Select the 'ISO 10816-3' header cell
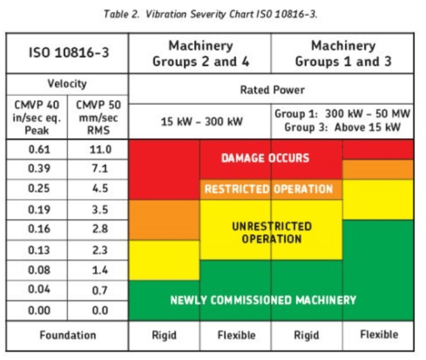pyautogui.click(x=67, y=53)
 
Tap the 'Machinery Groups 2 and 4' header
pyautogui.click(x=201, y=53)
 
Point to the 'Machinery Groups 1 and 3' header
pyautogui.click(x=343, y=53)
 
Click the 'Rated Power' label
pyautogui.click(x=272, y=90)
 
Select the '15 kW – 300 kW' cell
pyautogui.click(x=201, y=121)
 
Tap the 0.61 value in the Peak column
pyautogui.click(x=36, y=150)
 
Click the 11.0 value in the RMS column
pyautogui.click(x=97, y=150)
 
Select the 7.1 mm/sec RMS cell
pyautogui.click(x=97, y=169)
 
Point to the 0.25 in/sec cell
pyautogui.click(x=36, y=189)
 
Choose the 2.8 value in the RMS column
pyautogui.click(x=97, y=229)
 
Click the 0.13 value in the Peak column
pyautogui.click(x=36, y=250)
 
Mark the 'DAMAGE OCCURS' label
pyautogui.click(x=265, y=158)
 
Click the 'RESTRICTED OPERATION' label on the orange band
pyautogui.click(x=269, y=189)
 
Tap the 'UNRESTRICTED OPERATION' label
pyautogui.click(x=271, y=233)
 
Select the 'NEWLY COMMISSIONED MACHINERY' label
pyautogui.click(x=263, y=300)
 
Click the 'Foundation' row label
pyautogui.click(x=67, y=335)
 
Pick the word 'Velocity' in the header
pyautogui.click(x=67, y=84)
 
